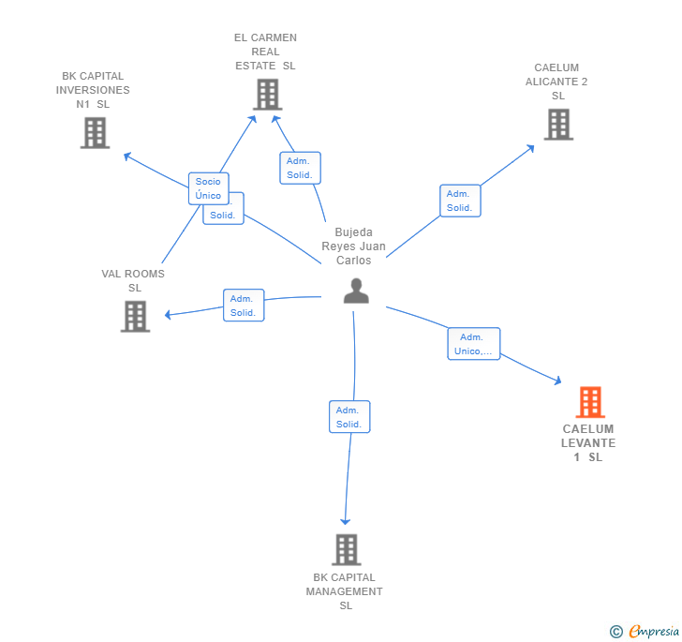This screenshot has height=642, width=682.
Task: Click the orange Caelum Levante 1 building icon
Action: pos(590,402)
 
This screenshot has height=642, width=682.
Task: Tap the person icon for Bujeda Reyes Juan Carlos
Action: pos(356,291)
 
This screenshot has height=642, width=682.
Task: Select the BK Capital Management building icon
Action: pos(347,549)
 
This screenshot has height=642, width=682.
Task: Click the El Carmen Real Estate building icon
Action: pos(267,94)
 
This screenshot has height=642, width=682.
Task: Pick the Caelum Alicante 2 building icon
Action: pos(558,124)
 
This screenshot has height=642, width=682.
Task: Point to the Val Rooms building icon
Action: pos(135,316)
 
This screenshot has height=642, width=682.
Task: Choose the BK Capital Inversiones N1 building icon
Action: pos(95,132)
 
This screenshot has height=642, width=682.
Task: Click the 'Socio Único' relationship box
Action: pos(208,188)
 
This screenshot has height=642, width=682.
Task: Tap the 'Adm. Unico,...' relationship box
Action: pos(473,344)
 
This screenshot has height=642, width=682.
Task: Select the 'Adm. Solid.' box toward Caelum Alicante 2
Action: pos(459,201)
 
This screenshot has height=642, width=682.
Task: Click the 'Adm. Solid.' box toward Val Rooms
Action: pos(244,306)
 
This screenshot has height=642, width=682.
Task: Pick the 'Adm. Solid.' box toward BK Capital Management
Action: pos(349,417)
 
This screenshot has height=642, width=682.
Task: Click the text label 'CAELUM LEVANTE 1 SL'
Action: pos(588,443)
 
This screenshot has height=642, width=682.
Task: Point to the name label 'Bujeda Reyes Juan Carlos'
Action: pos(354,246)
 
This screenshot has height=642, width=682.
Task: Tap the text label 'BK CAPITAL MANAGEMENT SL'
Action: pos(345,591)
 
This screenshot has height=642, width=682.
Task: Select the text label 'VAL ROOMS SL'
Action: pos(134,280)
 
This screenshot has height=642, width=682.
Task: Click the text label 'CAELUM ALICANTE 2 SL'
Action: pos(557,82)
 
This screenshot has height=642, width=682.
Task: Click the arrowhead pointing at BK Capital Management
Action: pos(346,520)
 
